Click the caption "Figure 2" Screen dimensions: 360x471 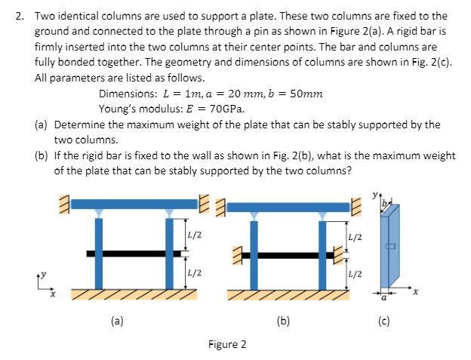(227, 344)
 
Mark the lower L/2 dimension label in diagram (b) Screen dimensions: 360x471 (356, 272)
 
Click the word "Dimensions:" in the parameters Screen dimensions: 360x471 (128, 94)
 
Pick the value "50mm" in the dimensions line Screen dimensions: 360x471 (307, 94)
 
